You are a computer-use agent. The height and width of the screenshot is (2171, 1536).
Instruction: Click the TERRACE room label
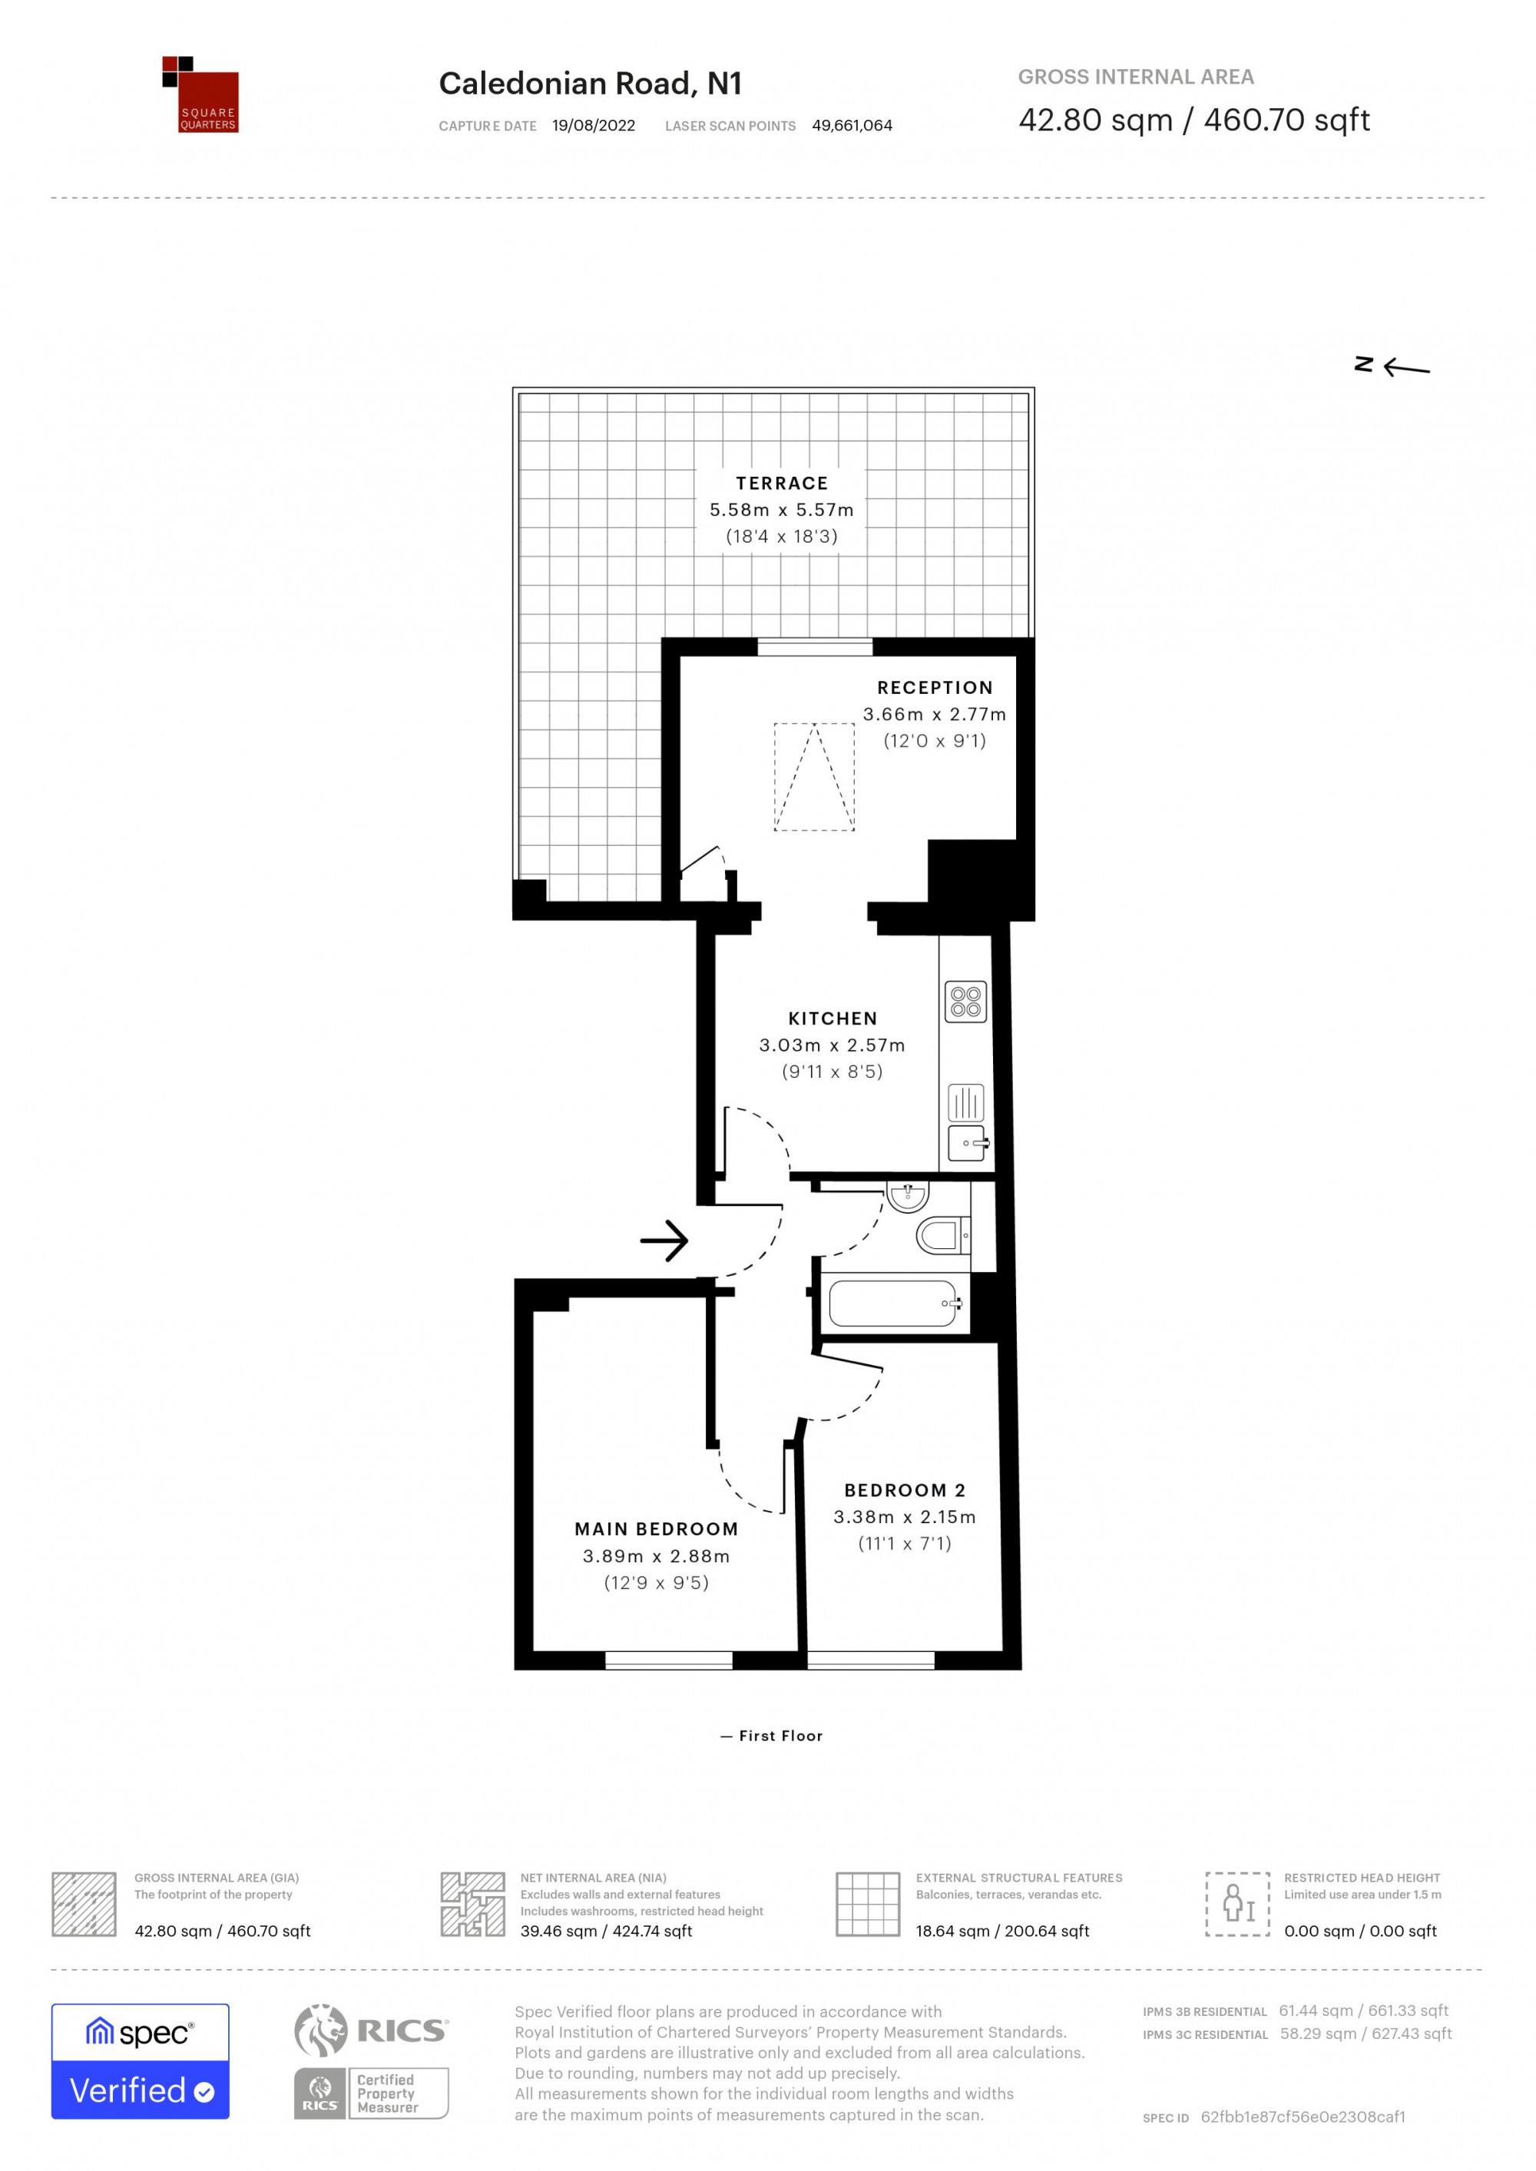coord(781,483)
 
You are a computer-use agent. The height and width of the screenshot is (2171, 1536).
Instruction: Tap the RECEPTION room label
coord(935,687)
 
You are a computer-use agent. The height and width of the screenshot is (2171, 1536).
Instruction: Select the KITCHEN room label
coord(833,1019)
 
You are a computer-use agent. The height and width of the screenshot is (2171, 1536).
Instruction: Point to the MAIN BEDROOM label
coord(657,1529)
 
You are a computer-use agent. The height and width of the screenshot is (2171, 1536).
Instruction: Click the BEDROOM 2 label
coord(904,1490)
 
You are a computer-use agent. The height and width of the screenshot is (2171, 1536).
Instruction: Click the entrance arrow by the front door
coord(664,1241)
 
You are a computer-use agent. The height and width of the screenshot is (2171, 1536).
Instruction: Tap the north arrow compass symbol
coord(1392,367)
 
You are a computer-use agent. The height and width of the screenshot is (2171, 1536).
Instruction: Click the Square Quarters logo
coord(200,94)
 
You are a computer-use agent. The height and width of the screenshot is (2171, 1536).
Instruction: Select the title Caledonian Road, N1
coord(590,84)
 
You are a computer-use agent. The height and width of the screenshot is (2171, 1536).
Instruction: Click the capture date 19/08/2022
coord(594,126)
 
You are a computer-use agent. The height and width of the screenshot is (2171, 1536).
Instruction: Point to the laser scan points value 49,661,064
coord(852,126)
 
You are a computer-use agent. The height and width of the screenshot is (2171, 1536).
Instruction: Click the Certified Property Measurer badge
coord(371,2094)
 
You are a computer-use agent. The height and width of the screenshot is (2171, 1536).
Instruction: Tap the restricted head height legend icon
coord(1237,1905)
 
